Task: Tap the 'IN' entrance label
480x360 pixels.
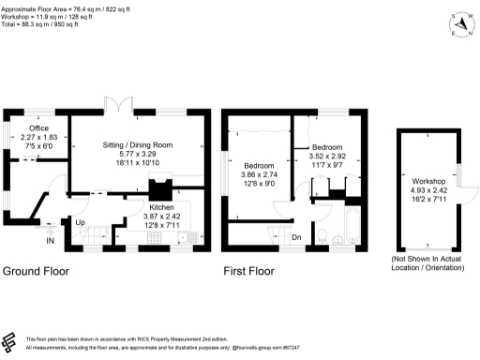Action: (48, 240)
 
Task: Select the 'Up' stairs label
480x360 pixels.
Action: (82, 224)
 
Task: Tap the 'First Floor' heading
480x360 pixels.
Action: (248, 272)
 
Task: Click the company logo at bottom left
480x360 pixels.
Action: (11, 341)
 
